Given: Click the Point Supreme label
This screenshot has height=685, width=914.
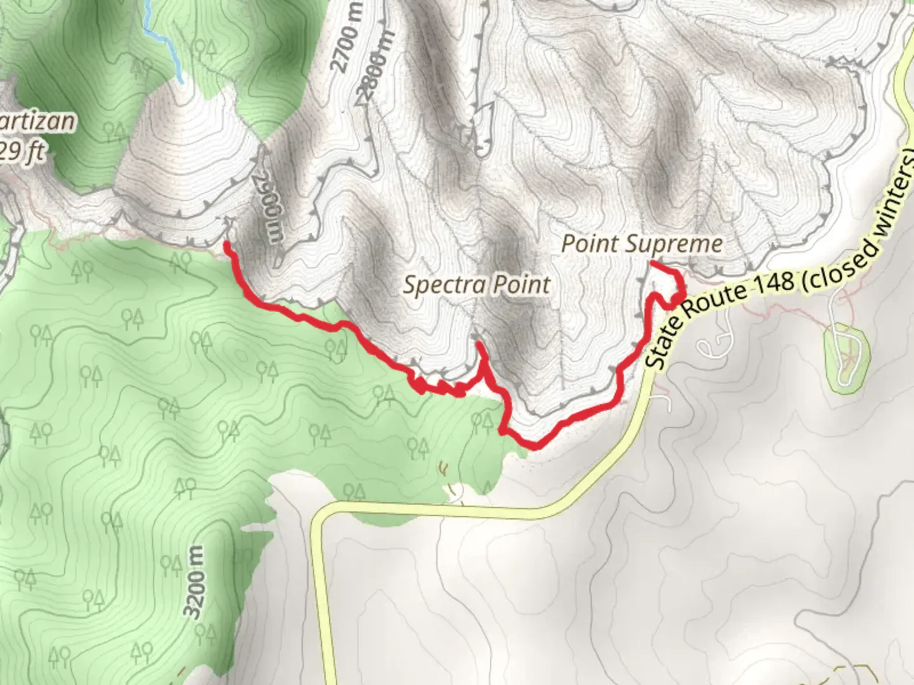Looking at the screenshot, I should pyautogui.click(x=642, y=244).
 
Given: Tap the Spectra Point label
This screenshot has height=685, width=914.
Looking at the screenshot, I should pyautogui.click(x=477, y=285).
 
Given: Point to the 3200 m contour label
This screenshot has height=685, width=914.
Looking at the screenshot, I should pyautogui.click(x=195, y=582).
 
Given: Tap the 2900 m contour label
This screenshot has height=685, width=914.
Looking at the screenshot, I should pyautogui.click(x=270, y=204).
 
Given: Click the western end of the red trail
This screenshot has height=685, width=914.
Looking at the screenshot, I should pyautogui.click(x=227, y=244).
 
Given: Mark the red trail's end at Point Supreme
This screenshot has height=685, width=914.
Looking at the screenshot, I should pyautogui.click(x=652, y=264).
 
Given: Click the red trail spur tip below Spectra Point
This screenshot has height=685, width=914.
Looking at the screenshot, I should pyautogui.click(x=478, y=344).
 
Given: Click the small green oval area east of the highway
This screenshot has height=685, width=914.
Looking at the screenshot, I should pyautogui.click(x=845, y=358).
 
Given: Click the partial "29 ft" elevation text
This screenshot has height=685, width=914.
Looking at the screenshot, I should pyautogui.click(x=23, y=152).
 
